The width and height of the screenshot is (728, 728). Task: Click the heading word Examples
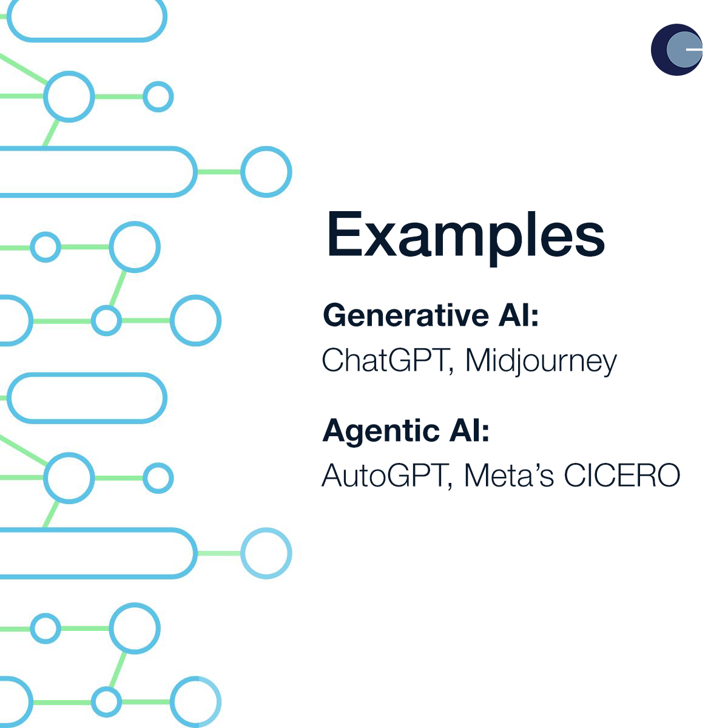point(466,237)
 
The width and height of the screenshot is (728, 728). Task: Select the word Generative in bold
point(406,315)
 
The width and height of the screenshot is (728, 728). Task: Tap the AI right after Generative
point(514,315)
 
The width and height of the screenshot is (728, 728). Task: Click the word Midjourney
point(541,362)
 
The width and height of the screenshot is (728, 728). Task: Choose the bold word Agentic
point(381,432)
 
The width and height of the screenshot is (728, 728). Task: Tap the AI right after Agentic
point(465,430)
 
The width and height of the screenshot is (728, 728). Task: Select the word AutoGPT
point(384,475)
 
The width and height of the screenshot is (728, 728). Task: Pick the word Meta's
point(509,475)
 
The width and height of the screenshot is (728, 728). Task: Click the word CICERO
point(622,475)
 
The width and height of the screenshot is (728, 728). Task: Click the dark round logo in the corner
point(676,50)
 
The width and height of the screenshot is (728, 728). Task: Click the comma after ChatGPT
point(451,371)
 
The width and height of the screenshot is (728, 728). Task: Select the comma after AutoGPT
point(450,486)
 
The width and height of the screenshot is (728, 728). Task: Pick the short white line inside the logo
point(694,50)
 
